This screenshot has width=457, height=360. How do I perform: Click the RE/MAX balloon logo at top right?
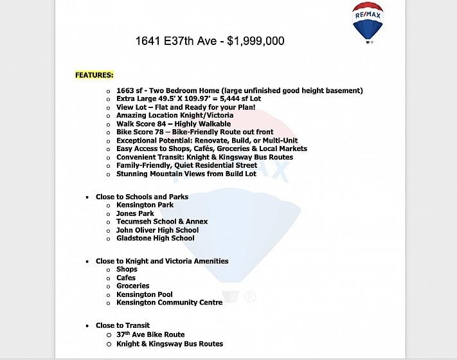coord(368,22)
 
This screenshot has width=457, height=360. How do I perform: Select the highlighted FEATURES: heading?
coord(94,75)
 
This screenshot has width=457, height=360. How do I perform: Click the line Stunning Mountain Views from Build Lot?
coord(186,174)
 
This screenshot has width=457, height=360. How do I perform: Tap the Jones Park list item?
coord(135,213)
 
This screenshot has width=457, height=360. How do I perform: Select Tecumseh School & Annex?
coord(161,222)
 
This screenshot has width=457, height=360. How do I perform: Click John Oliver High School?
coord(157,230)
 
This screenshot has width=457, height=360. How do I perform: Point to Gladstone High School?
coord(155,239)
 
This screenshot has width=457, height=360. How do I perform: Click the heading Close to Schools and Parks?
coord(142,197)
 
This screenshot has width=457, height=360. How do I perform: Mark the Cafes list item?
coord(126,278)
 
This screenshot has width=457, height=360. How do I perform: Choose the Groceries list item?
coord(132,286)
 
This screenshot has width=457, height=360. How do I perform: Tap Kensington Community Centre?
coord(169,303)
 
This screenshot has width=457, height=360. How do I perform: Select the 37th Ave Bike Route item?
coord(150,335)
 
